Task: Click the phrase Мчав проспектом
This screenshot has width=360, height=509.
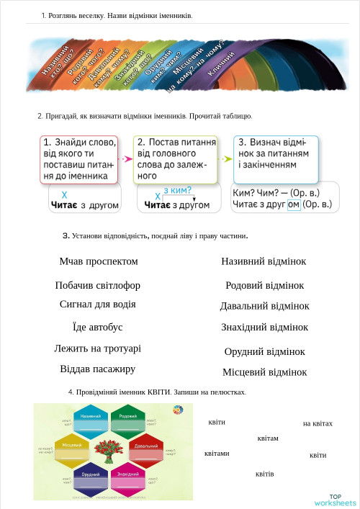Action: [99, 261]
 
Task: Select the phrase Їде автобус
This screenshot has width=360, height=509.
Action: [98, 327]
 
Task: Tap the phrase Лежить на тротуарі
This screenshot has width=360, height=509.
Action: [97, 348]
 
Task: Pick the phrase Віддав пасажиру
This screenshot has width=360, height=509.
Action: [97, 369]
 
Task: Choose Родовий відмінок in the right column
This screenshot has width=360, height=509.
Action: [264, 286]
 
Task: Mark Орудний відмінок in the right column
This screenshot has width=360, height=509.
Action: [264, 352]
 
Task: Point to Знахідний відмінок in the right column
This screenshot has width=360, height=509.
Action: [264, 327]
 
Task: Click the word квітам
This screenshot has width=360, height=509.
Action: [267, 438]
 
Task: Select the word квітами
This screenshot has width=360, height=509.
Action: [217, 454]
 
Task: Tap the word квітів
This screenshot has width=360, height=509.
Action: [264, 474]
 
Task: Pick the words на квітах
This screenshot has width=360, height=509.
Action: [318, 424]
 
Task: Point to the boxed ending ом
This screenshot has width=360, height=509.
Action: [293, 205]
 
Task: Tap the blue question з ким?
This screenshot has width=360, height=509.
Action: [177, 190]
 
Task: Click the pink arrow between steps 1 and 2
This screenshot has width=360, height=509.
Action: [126, 158]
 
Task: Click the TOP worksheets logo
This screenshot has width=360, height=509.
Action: [335, 500]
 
